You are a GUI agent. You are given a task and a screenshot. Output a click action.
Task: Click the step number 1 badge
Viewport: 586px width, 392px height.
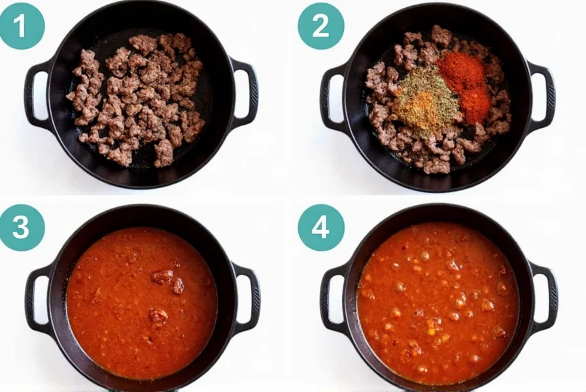point(22,25)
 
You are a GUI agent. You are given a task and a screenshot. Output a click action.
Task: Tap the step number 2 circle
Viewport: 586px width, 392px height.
point(320,25)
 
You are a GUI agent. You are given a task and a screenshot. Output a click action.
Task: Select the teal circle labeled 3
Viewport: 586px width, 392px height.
point(22,227)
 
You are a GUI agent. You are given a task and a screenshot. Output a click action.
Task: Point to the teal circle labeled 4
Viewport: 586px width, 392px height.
point(320,227)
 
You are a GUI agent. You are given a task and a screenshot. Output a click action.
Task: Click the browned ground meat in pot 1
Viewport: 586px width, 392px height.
point(137,98)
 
